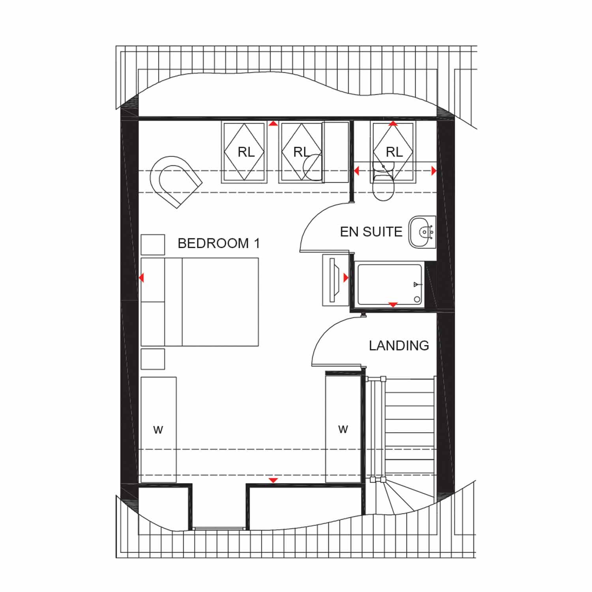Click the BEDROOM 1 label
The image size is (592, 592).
pyautogui.click(x=219, y=243)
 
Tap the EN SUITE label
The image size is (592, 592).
pyautogui.click(x=371, y=232)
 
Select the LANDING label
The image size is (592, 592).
pyautogui.click(x=399, y=345)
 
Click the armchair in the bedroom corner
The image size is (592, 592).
pyautogui.click(x=176, y=181)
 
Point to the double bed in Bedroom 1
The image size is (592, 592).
pyautogui.click(x=200, y=302)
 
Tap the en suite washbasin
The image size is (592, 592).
pyautogui.click(x=422, y=232)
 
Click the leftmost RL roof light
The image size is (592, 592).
pyautogui.click(x=244, y=152)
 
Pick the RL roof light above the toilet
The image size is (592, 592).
pyautogui.click(x=393, y=152)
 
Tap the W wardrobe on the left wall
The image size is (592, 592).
pyautogui.click(x=159, y=429)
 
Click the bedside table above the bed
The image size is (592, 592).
pyautogui.click(x=153, y=245)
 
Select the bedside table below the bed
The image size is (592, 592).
pyautogui.click(x=153, y=359)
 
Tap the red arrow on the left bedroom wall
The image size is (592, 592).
pyautogui.click(x=142, y=278)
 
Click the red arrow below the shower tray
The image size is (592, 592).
pyautogui.click(x=393, y=305)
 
